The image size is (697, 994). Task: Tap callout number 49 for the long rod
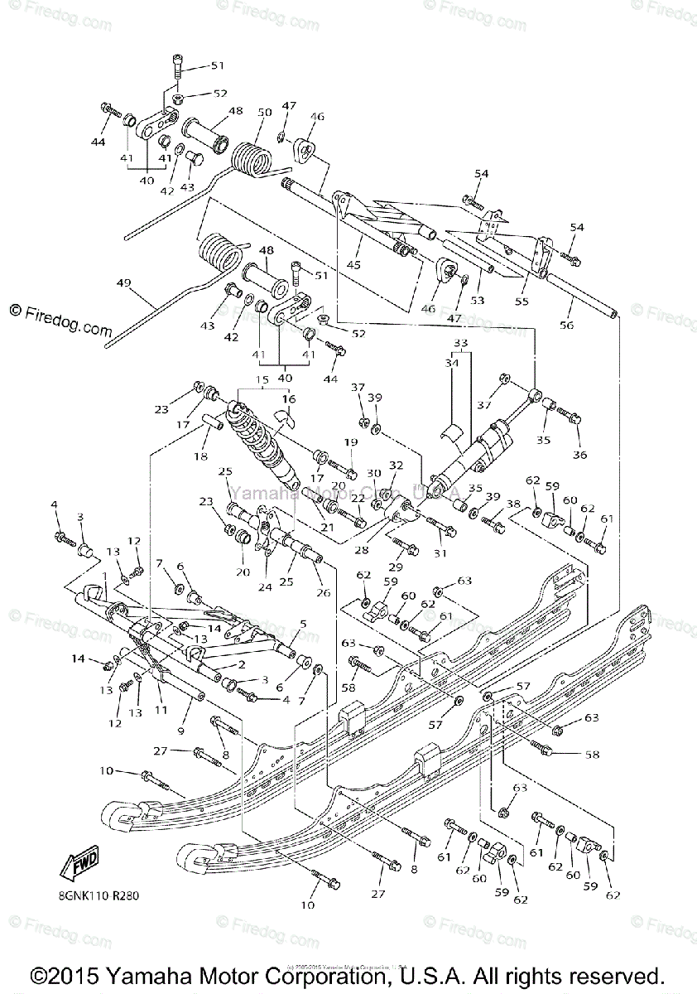pos(123,283)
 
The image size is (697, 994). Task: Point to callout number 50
pos(264,112)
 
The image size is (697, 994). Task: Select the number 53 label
pos(477,300)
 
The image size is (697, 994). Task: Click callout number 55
pos(521,302)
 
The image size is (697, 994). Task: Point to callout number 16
pos(288,399)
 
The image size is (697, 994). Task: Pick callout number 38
pos(514,504)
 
